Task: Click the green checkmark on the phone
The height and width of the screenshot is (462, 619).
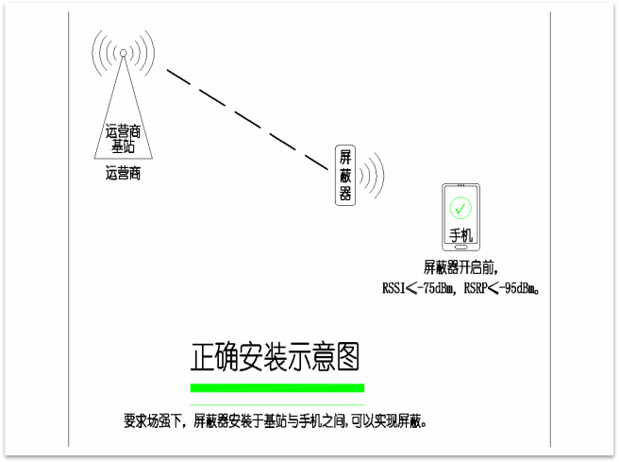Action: [x=460, y=207]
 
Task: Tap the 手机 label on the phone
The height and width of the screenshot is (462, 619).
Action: [x=460, y=234]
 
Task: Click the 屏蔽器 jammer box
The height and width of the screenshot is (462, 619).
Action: [x=345, y=174]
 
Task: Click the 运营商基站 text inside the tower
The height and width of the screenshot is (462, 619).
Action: [x=124, y=140]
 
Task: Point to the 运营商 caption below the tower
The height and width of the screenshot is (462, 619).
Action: [x=124, y=173]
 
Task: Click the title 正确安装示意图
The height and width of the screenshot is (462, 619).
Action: [x=276, y=357]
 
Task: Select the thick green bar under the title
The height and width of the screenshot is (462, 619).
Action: [x=276, y=387]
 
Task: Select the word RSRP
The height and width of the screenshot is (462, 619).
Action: [x=477, y=288]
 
